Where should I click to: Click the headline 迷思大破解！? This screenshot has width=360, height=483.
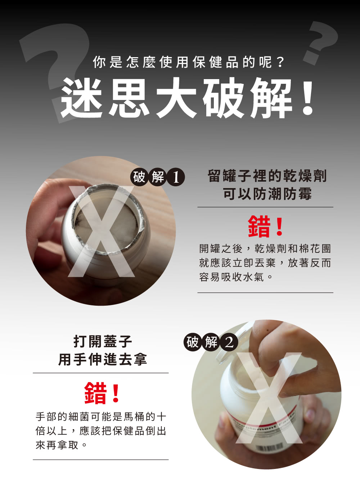click(187, 97)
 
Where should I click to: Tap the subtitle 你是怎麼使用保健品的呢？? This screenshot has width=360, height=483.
click(189, 62)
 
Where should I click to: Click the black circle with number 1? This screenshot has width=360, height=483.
click(176, 177)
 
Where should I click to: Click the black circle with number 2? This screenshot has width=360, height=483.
click(229, 342)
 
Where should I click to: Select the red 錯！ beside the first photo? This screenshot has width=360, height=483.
click(265, 226)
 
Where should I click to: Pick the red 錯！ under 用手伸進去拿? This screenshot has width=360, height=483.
click(102, 393)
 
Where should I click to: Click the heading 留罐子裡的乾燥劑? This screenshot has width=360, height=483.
click(267, 176)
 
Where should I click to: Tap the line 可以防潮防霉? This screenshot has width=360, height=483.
click(267, 193)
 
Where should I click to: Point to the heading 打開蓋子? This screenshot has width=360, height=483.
click(103, 341)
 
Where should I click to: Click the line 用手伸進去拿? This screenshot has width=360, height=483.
click(103, 359)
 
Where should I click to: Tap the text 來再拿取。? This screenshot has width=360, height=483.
click(62, 445)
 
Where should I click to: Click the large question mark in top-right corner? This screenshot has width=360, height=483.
click(320, 42)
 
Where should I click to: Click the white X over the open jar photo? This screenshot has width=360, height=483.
click(101, 231)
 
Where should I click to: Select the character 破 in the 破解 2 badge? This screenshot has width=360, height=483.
click(193, 342)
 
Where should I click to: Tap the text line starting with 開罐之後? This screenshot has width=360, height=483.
click(265, 249)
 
